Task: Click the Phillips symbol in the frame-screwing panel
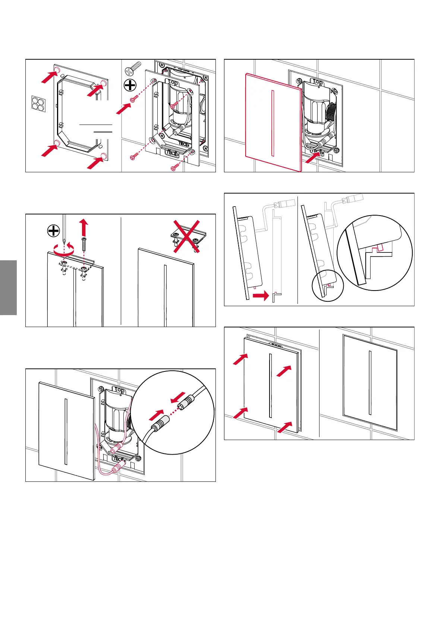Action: [x=130, y=86]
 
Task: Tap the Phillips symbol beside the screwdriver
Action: [x=54, y=231]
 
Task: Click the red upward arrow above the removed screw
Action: [x=84, y=226]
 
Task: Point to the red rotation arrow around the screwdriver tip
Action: [x=64, y=251]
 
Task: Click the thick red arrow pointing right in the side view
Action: [x=261, y=296]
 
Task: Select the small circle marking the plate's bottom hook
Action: [x=327, y=286]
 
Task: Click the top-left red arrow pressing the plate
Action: [x=240, y=359]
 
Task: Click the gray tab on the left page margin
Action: [x=8, y=288]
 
